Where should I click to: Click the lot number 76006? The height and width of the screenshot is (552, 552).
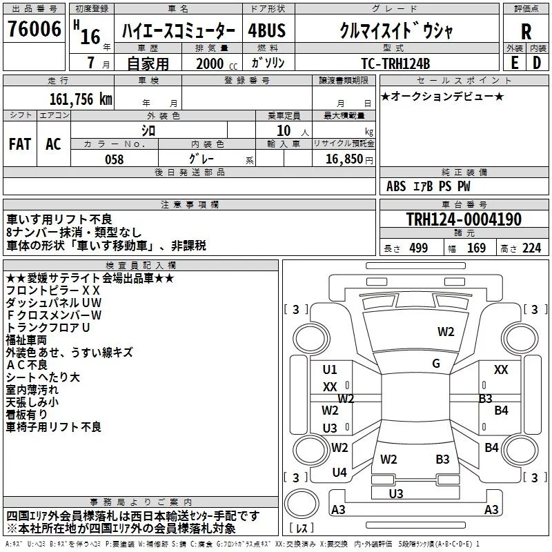pos(34,29)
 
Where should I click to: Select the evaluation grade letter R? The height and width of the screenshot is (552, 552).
pos(526,32)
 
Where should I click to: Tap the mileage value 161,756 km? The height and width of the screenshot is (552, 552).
pos(81,99)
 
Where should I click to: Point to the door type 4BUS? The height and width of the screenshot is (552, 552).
pos(266,30)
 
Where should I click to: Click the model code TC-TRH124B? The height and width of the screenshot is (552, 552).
pos(395,63)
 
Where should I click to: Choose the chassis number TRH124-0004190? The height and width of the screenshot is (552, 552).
pos(464,219)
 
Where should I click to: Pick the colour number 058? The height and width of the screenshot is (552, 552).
pos(114,159)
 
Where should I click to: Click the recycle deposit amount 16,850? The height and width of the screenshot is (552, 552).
pos(344,159)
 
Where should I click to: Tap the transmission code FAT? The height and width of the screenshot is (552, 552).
pos(20,144)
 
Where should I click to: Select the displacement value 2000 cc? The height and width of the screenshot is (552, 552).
pos(217,63)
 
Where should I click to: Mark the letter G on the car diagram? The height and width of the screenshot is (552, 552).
pos(436,363)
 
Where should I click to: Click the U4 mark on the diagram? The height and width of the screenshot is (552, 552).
pos(339,472)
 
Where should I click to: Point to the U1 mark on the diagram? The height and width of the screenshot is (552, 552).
pos(330,369)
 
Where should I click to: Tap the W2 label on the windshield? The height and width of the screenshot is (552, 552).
pos(446,331)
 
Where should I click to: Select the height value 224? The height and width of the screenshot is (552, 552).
pos(531,248)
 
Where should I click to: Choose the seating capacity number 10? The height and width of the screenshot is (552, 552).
pos(284,130)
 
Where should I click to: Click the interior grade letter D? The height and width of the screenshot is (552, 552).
pos(537,63)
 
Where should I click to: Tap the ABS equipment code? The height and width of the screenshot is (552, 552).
pos(396,186)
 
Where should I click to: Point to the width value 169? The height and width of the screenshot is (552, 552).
pos(476,248)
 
